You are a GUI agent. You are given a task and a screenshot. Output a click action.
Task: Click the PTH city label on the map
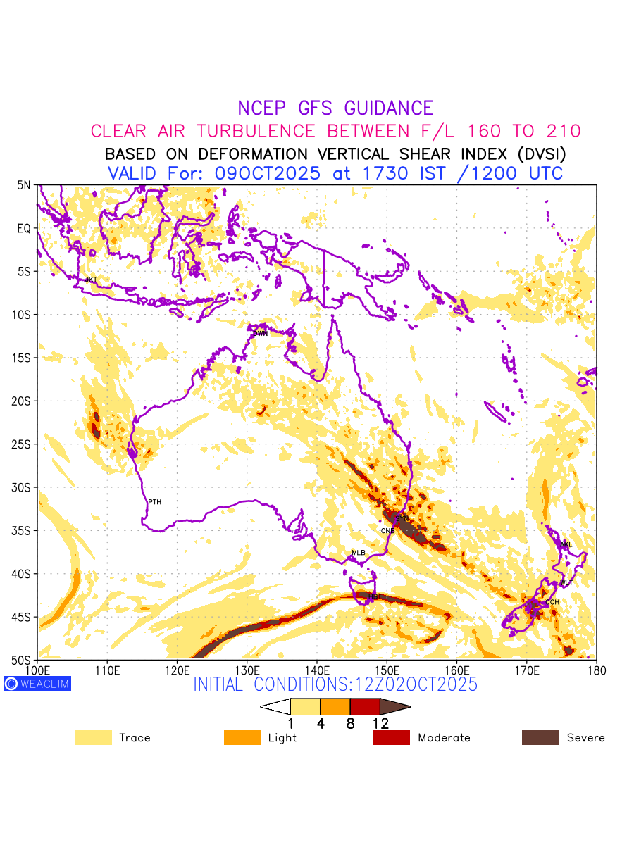(x=154, y=502)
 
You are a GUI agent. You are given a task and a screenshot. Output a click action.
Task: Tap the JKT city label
(x=91, y=280)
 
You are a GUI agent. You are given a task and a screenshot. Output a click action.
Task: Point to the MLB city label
(x=359, y=553)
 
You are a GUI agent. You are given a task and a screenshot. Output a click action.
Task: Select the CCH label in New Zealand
(x=552, y=602)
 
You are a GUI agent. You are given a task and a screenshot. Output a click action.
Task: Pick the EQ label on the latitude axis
(x=24, y=229)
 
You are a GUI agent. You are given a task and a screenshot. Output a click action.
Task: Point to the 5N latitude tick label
(x=24, y=185)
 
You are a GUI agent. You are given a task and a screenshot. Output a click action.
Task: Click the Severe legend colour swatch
(x=540, y=737)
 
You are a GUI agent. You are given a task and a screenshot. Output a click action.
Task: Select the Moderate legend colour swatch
(x=391, y=737)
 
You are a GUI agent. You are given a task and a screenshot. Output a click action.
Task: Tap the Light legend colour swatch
(x=242, y=737)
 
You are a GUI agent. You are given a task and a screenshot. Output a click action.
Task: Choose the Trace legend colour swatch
(x=93, y=737)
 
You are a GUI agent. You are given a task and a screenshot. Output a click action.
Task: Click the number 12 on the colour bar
(x=380, y=723)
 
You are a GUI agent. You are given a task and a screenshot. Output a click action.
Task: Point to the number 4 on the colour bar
(x=321, y=723)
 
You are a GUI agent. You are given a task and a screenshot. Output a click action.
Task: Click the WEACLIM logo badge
(x=37, y=683)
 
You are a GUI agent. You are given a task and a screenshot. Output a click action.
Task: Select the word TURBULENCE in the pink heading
(x=256, y=131)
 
